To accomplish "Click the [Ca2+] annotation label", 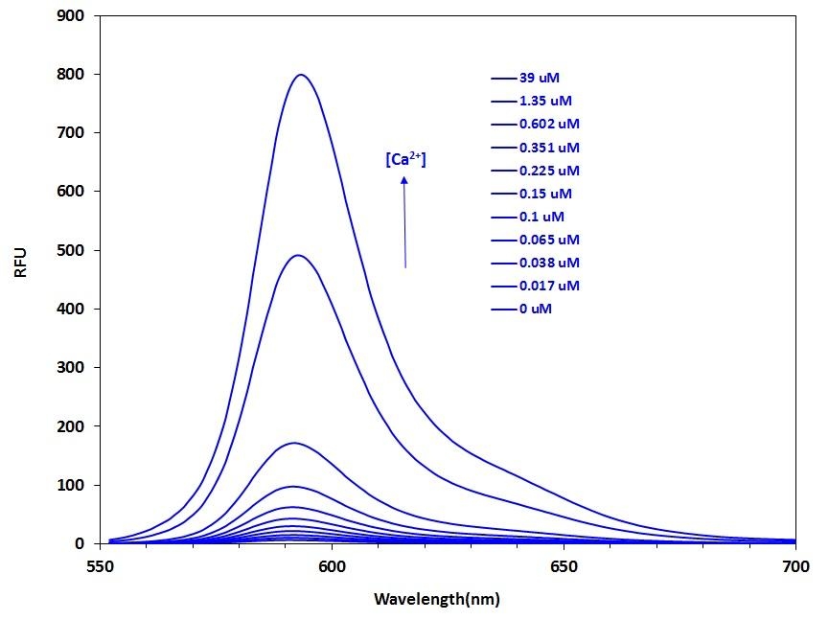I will pos(405,159).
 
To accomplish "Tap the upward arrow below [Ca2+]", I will pos(404,221).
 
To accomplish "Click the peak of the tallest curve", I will pos(301,75).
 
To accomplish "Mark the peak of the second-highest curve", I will pos(298,255).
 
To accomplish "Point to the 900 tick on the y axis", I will pos(71,16).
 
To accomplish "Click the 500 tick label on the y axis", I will pos(71,250).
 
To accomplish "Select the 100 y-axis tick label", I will pos(71,485).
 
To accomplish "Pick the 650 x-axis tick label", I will pos(564,566).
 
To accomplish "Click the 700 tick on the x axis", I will pos(794,566).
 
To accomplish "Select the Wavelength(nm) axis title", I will pos(437,601).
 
